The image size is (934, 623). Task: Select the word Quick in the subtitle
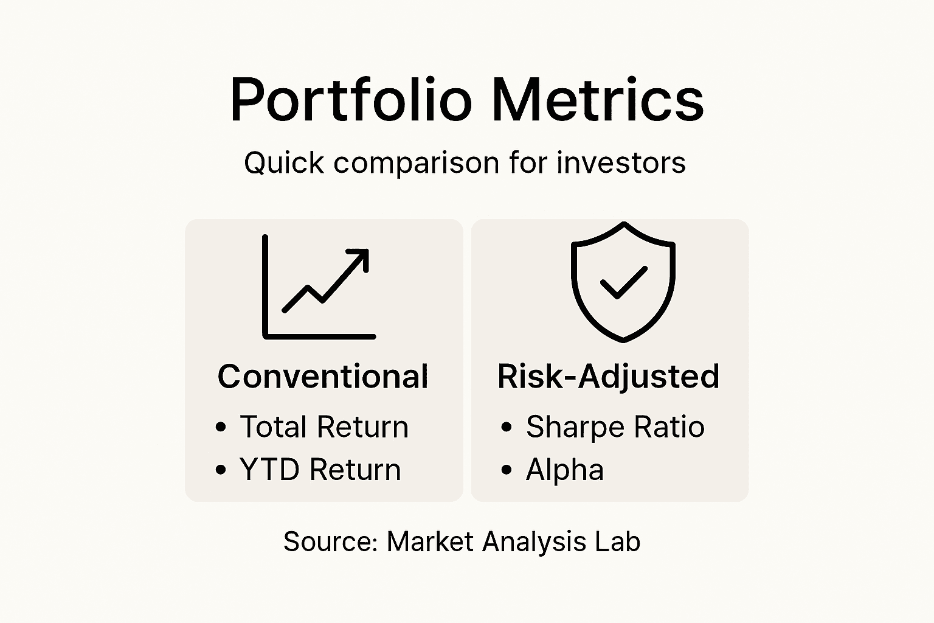[284, 163]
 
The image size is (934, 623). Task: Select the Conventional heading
[323, 377]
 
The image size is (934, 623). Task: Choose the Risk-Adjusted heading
[608, 377]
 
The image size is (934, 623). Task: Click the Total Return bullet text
[324, 426]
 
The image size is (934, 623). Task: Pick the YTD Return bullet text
[320, 470]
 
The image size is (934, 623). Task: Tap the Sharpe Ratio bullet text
[615, 426]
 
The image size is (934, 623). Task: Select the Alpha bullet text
[564, 470]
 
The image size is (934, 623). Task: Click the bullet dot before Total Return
[221, 427]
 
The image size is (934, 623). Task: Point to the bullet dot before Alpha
[507, 470]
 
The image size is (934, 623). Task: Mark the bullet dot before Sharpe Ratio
[507, 427]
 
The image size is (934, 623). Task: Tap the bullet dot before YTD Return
[221, 470]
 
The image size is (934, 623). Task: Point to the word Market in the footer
[430, 541]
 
